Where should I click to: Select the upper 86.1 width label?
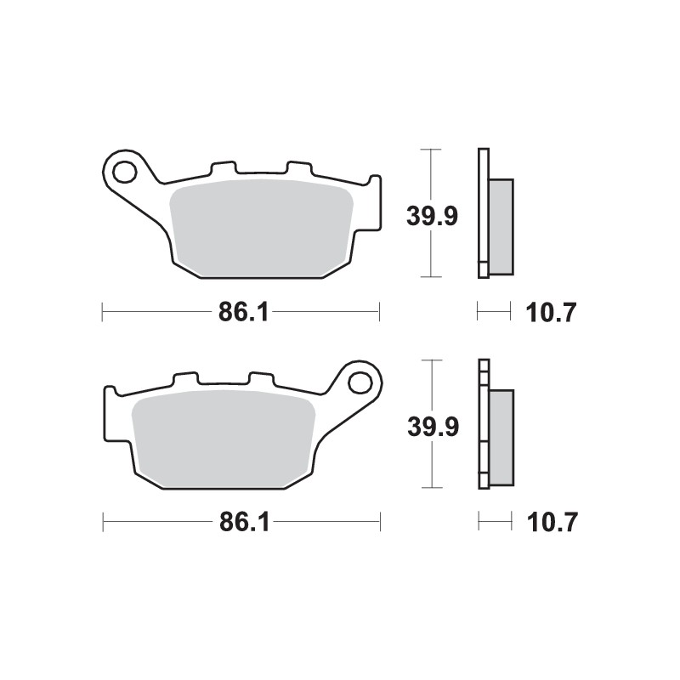tap(243, 313)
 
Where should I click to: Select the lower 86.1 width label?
tap(243, 523)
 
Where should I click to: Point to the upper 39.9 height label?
tap(432, 217)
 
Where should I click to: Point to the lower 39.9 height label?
tap(433, 427)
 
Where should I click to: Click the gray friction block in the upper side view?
tap(501, 227)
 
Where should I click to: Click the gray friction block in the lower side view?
tap(501, 437)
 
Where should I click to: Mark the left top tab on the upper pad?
tap(224, 168)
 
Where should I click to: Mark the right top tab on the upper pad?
tap(299, 168)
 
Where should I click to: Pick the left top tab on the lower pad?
tap(185, 379)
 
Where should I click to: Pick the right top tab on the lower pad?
tap(261, 379)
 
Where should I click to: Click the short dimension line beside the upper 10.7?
tap(494, 313)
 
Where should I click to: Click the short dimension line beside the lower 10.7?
tap(494, 523)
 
